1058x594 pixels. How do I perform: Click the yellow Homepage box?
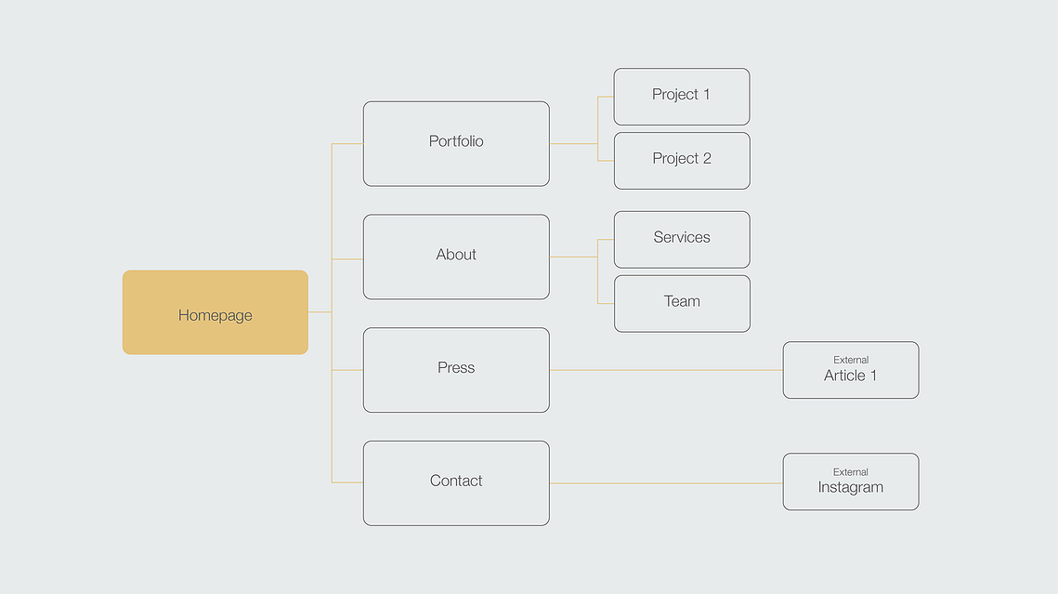216,312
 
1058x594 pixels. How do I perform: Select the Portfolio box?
456,144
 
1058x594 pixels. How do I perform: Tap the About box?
456,257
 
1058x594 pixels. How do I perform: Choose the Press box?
456,370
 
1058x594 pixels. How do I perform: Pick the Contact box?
456,483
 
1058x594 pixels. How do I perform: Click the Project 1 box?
682,97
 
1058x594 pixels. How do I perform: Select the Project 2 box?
682,161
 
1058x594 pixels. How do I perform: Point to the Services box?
682,240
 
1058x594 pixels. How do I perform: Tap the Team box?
682,304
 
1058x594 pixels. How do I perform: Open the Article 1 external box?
851,370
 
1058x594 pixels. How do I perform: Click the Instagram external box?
851,482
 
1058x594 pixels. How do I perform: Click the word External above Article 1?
851,360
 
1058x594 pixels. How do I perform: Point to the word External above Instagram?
851,472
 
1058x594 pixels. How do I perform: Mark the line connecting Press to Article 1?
666,370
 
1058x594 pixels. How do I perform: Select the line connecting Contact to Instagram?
666,483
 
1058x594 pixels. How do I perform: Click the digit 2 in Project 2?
707,158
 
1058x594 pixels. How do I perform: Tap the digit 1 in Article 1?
873,376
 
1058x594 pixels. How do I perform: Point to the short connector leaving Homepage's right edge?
320,311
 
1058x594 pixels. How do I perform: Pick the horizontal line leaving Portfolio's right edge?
573,144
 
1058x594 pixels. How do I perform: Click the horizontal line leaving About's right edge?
573,257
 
